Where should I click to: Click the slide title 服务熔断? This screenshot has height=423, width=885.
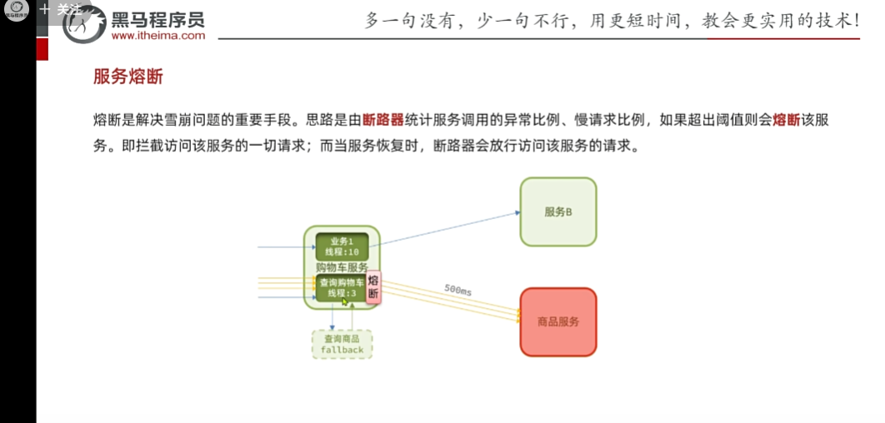(128, 77)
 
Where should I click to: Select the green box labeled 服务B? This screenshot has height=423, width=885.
(558, 211)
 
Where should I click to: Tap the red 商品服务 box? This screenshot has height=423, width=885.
(558, 321)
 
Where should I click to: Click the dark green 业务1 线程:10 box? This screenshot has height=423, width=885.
(342, 246)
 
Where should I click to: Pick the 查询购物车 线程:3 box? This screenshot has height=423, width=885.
(341, 288)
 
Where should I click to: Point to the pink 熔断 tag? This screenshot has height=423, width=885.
(373, 287)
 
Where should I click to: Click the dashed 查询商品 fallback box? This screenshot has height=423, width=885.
(342, 345)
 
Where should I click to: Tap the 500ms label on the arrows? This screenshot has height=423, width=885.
(457, 290)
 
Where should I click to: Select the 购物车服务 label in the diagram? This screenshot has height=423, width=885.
(342, 267)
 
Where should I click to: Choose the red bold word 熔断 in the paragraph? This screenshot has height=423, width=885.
(787, 120)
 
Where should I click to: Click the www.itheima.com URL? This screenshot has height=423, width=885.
(157, 36)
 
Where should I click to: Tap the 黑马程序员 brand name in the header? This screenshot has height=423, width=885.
(157, 19)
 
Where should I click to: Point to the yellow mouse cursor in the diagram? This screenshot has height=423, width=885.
(345, 301)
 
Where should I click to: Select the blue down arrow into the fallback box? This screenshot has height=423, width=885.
(332, 317)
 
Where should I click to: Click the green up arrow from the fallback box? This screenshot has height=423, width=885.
(352, 317)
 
